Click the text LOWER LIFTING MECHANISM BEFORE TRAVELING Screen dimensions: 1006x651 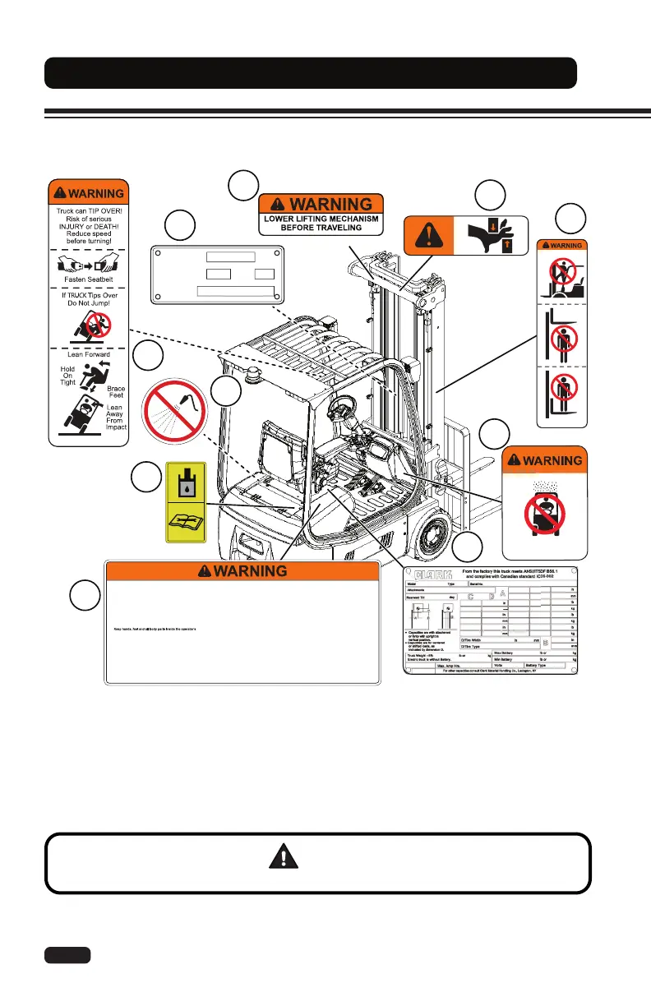(321, 222)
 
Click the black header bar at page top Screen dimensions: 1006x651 (310, 73)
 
